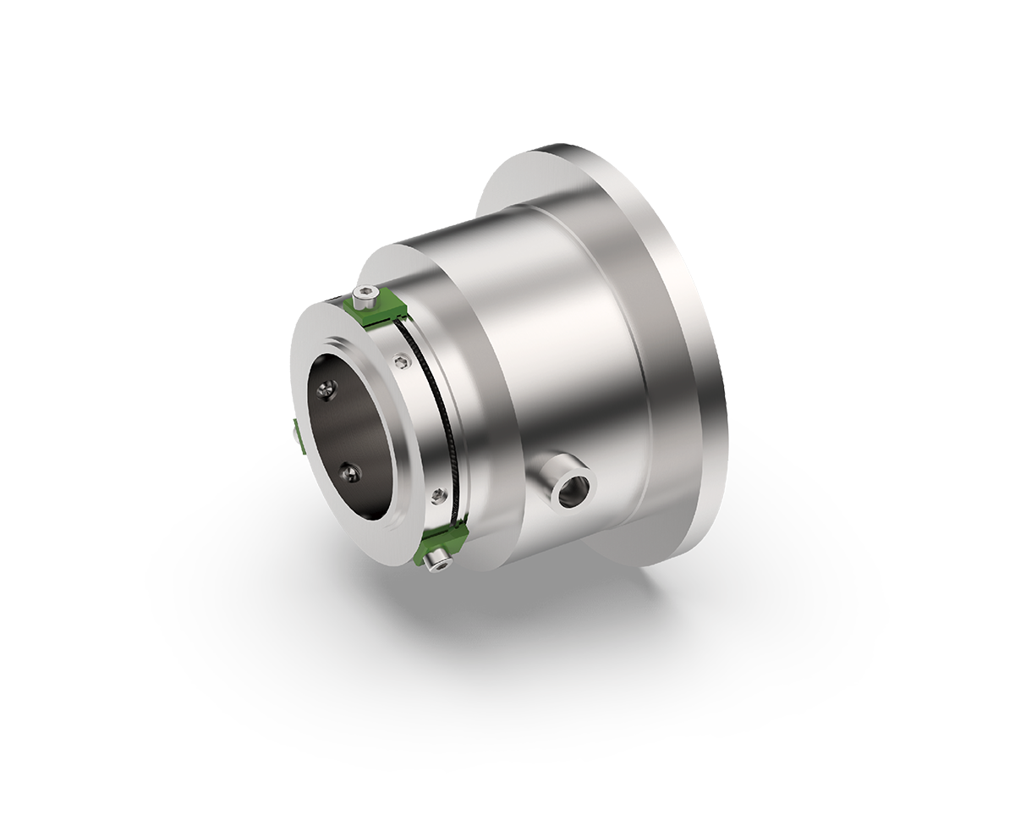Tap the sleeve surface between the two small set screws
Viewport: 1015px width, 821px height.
[418, 423]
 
